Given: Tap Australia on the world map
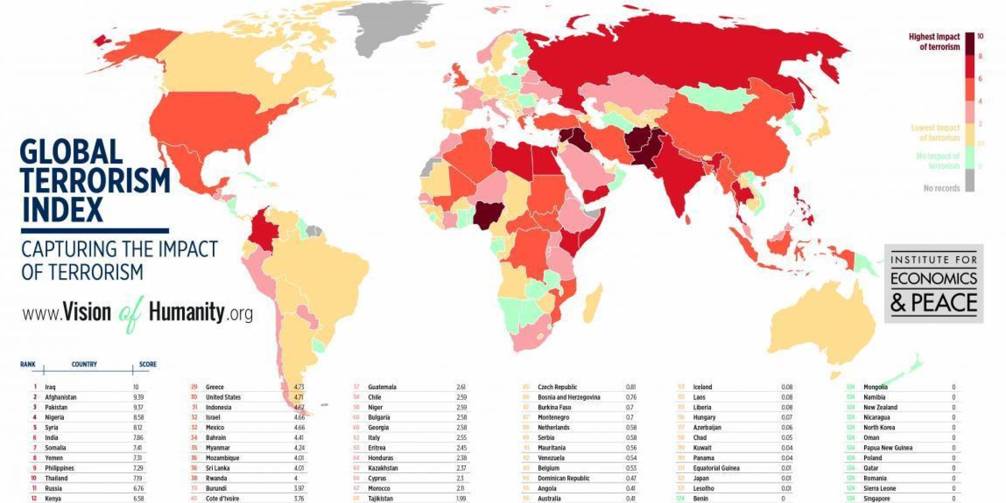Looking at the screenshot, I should coord(820,327).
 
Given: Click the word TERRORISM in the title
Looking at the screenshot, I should coord(96,181).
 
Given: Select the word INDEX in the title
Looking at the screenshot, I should coord(62,210).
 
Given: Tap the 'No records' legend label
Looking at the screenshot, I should coord(941,188).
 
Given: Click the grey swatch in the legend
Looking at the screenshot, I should coord(969,180).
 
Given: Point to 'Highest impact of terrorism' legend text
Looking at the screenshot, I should coord(934,42).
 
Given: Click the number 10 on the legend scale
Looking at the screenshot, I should coord(980,36).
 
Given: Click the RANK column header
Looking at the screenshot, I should coord(28,364).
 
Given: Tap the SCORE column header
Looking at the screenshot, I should coord(147,364).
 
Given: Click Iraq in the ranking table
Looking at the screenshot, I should coord(50,387).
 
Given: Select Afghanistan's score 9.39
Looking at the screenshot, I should coord(138,397).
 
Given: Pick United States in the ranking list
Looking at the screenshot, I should coord(223,397).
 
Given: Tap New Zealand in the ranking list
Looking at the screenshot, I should coord(880,407).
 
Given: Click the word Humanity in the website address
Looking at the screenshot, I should coord(186,312).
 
